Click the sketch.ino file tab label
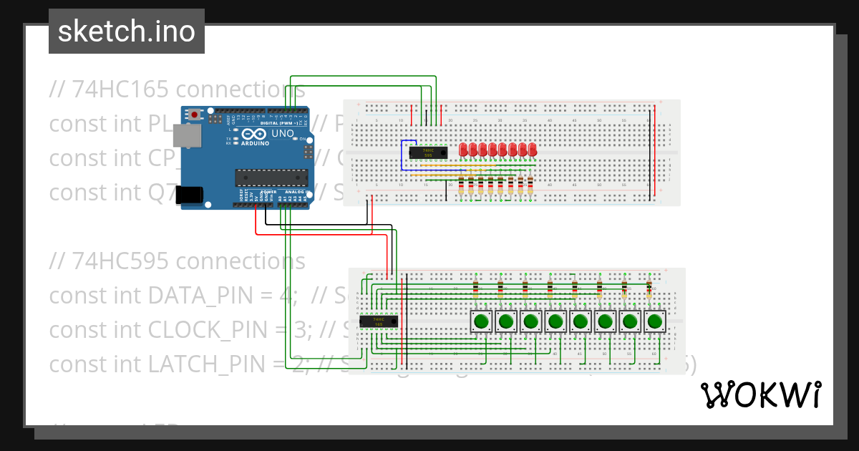[x=127, y=31]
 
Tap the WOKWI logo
[x=760, y=394]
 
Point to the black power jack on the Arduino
[x=190, y=194]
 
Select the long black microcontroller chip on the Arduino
[x=272, y=178]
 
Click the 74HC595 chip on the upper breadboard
[x=428, y=152]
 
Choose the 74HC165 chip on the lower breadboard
[x=378, y=321]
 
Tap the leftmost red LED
[x=464, y=149]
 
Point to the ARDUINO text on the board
[x=256, y=144]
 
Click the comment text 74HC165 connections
[x=178, y=89]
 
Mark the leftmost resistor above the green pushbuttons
[x=476, y=288]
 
